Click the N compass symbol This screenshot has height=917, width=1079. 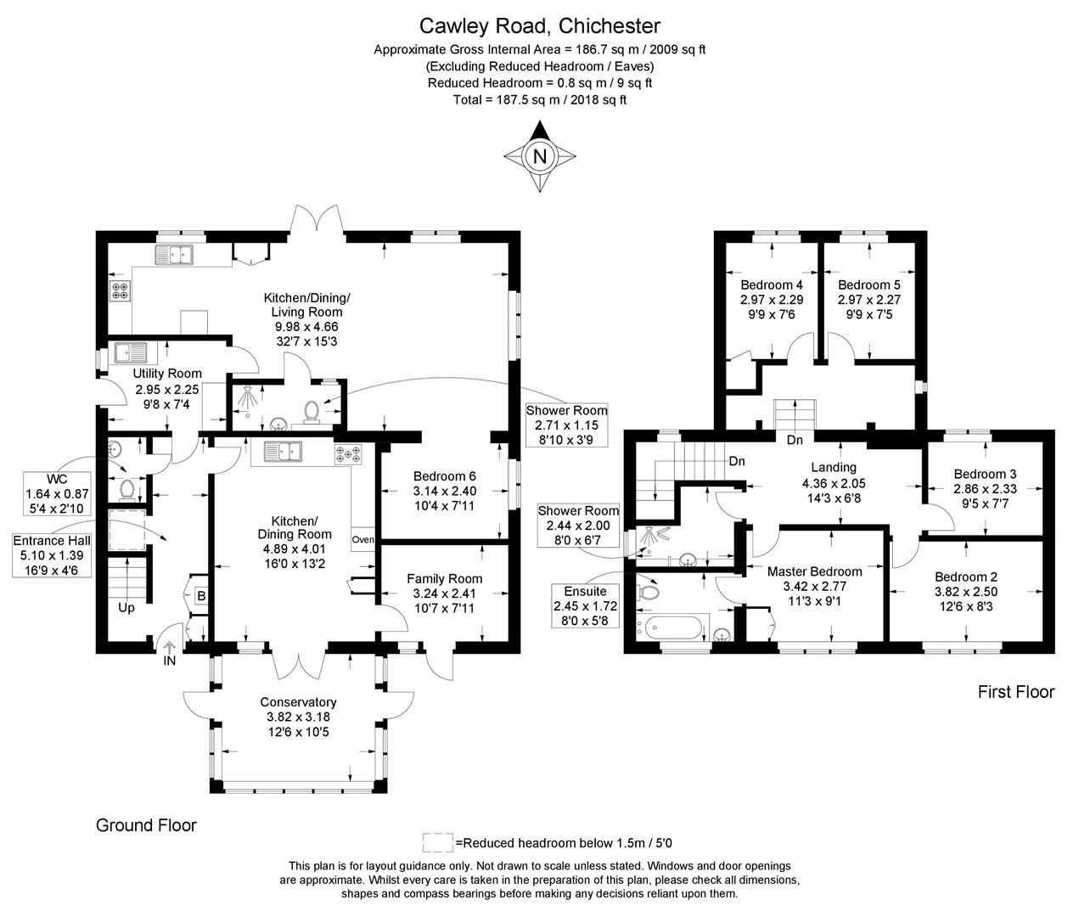pos(539,156)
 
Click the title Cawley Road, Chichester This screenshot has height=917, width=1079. pos(539,27)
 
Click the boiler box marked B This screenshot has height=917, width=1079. pos(201,596)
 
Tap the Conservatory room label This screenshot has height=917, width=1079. pos(298,702)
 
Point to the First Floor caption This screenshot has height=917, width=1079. pos(1015,692)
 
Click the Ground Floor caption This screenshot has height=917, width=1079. pos(146,825)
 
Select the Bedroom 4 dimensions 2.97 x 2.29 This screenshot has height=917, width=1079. pos(772,300)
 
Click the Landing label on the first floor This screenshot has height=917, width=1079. pos(834,467)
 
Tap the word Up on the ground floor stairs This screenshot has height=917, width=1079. pos(126,608)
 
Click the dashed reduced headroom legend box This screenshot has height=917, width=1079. pos(437,842)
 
